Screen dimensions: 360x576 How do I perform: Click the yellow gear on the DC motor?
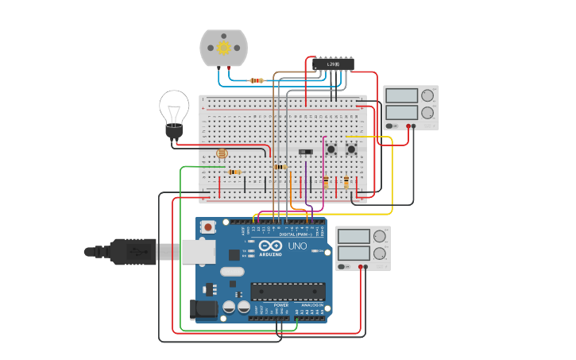pos(224,48)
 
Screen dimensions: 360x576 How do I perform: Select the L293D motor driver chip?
pos(333,64)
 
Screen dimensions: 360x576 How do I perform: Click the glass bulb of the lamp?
pos(174,106)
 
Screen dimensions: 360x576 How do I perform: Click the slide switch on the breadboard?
pos(305,151)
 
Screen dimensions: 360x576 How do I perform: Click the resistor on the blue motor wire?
pos(257,80)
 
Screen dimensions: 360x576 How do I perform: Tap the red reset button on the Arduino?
pos(208,227)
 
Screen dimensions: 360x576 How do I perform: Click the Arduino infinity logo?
pos(269,246)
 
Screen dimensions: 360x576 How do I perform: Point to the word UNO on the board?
pos(296,246)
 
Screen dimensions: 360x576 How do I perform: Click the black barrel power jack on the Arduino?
pos(203,309)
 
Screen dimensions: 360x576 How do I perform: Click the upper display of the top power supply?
pos(402,96)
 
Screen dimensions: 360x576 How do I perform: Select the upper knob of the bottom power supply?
pos(379,236)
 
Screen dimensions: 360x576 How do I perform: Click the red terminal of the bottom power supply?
pos(365,267)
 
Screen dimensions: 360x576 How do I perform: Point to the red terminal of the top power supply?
pos(413,126)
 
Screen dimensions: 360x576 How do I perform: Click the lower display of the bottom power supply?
pos(354,254)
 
